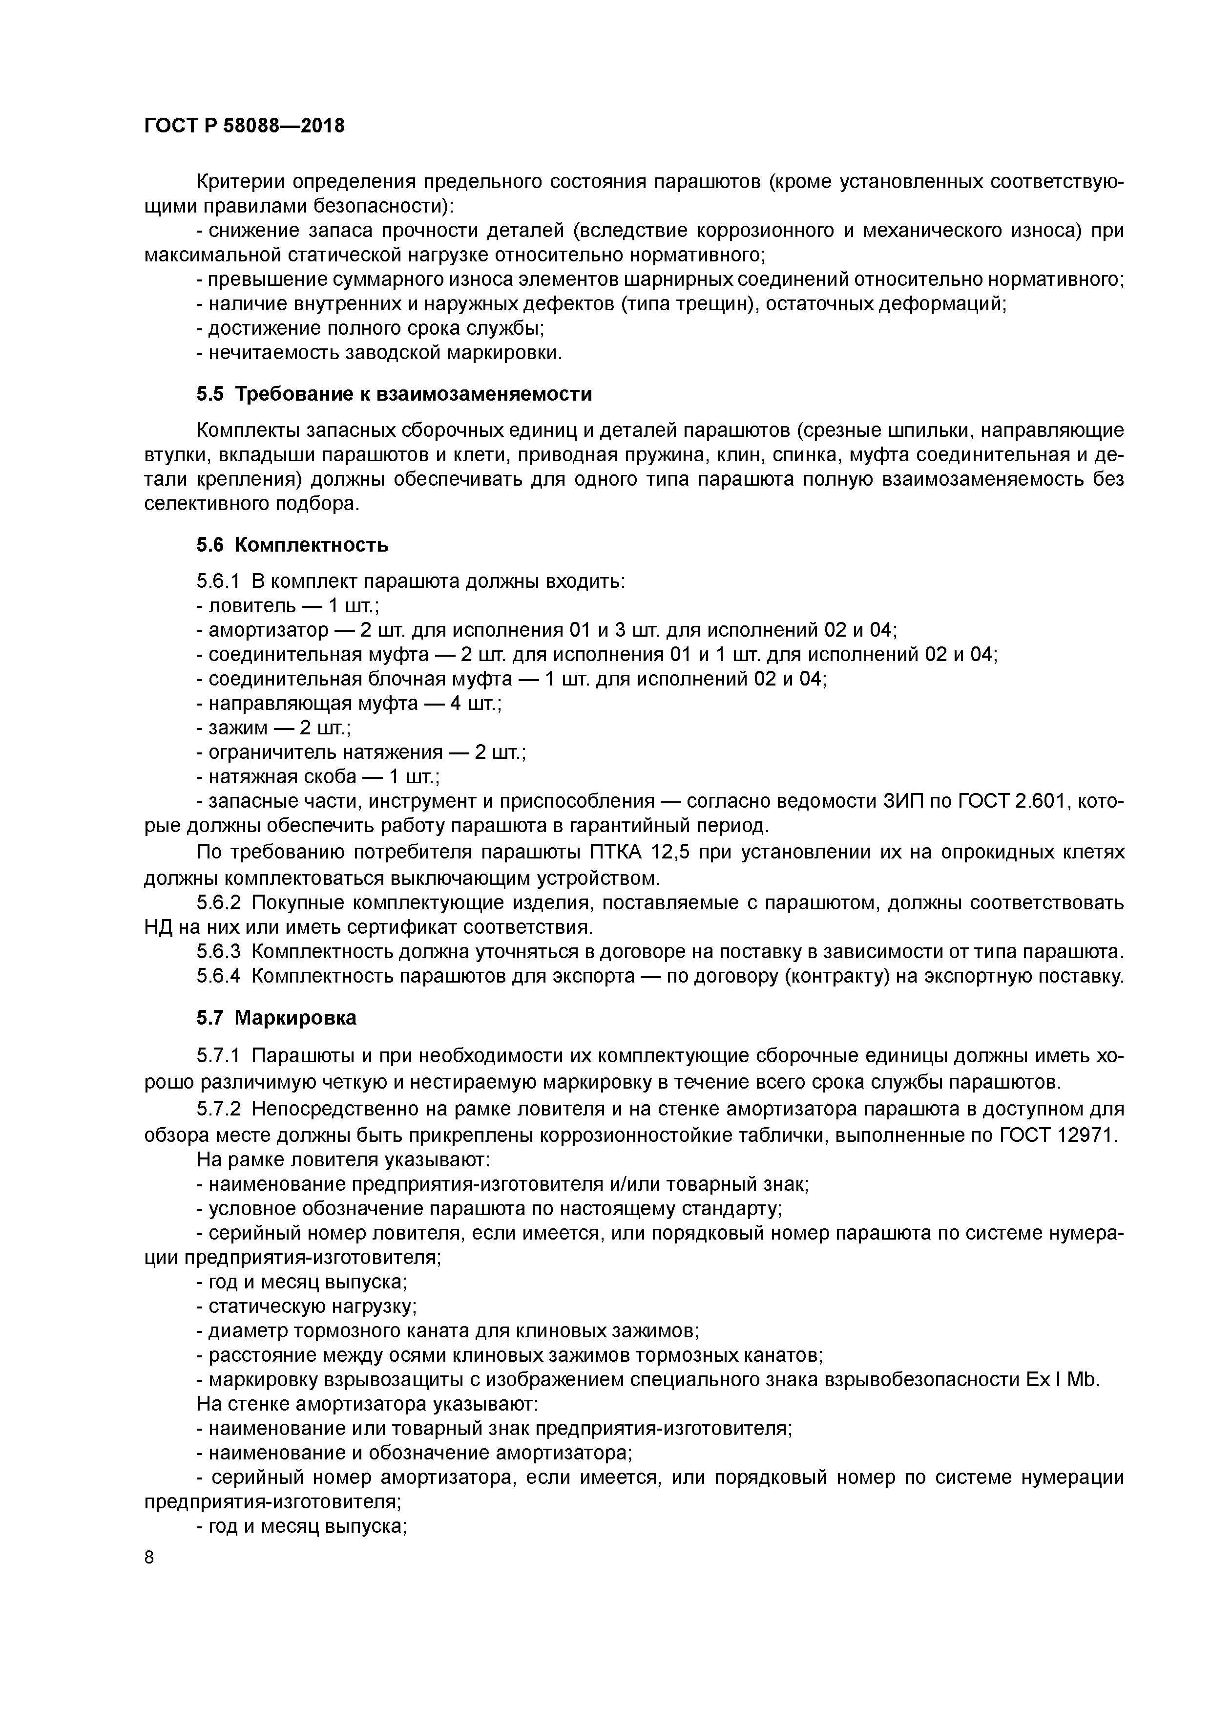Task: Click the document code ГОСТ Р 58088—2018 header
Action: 244,126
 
